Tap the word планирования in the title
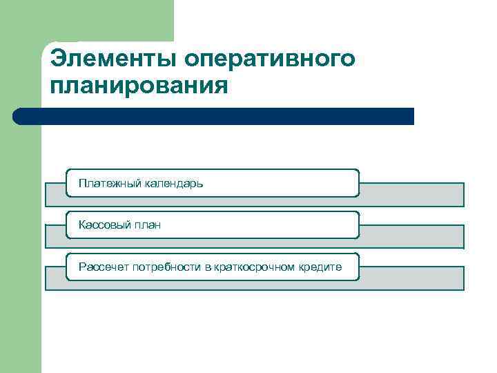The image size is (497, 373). [x=139, y=86]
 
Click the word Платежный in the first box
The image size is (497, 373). [x=110, y=184]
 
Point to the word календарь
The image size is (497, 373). [x=173, y=184]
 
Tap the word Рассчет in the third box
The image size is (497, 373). [x=100, y=267]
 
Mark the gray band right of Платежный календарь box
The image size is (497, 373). [x=412, y=194]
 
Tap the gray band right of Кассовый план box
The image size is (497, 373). [x=412, y=236]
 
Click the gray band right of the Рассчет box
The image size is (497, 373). [x=412, y=278]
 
